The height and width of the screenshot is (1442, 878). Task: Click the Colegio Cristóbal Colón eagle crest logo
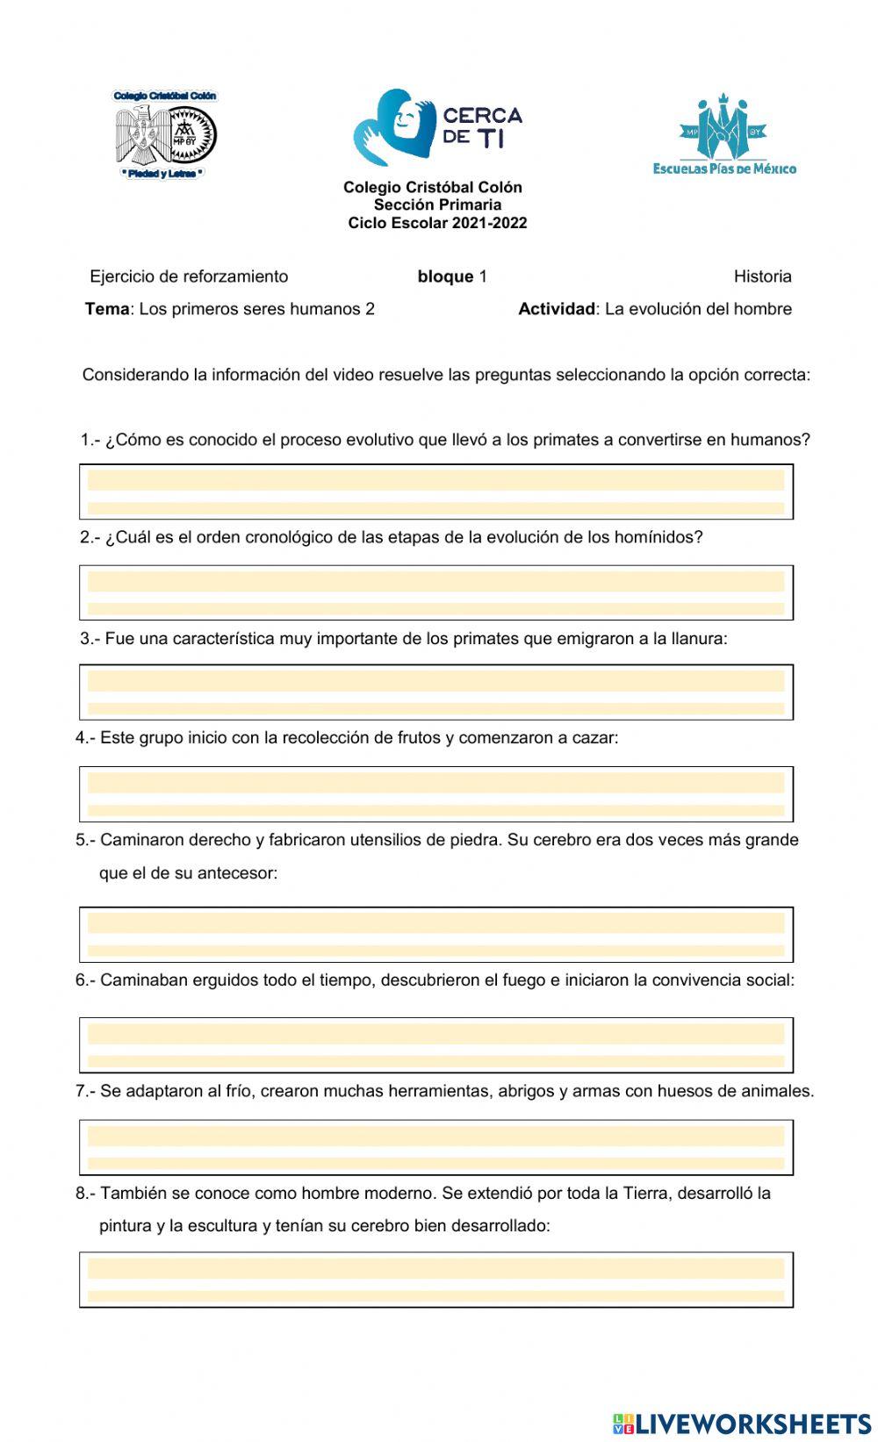click(165, 134)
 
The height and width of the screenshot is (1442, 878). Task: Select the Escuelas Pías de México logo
click(723, 134)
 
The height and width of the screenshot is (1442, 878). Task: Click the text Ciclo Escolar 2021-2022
click(437, 223)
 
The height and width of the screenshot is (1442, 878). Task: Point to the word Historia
click(762, 276)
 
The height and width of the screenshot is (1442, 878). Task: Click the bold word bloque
click(445, 276)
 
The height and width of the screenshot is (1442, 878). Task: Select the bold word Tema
click(106, 309)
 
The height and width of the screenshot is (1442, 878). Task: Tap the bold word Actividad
click(557, 309)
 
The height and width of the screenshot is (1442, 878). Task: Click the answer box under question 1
click(436, 491)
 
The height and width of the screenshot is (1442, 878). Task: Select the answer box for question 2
click(436, 592)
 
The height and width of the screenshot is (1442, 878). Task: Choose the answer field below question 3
click(436, 692)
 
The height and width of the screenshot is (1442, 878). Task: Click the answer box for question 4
click(436, 794)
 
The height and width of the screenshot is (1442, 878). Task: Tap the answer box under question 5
click(436, 935)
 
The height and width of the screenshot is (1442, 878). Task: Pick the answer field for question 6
click(436, 1045)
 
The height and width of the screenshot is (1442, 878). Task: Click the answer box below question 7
click(436, 1147)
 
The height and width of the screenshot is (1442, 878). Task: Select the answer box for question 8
click(436, 1280)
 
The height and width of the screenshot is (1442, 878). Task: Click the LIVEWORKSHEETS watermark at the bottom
click(742, 1423)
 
